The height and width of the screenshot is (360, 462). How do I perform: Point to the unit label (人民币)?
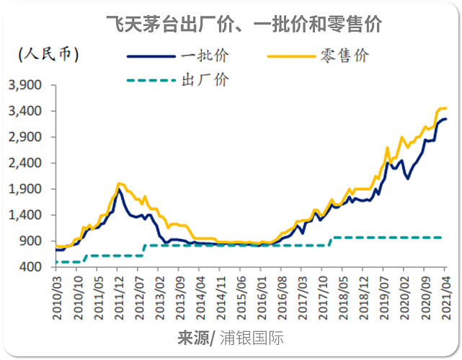[x=49, y=53]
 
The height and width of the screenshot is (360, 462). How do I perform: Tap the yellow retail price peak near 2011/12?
[x=119, y=184]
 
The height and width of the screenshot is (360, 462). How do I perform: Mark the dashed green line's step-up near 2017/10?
[x=330, y=241]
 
